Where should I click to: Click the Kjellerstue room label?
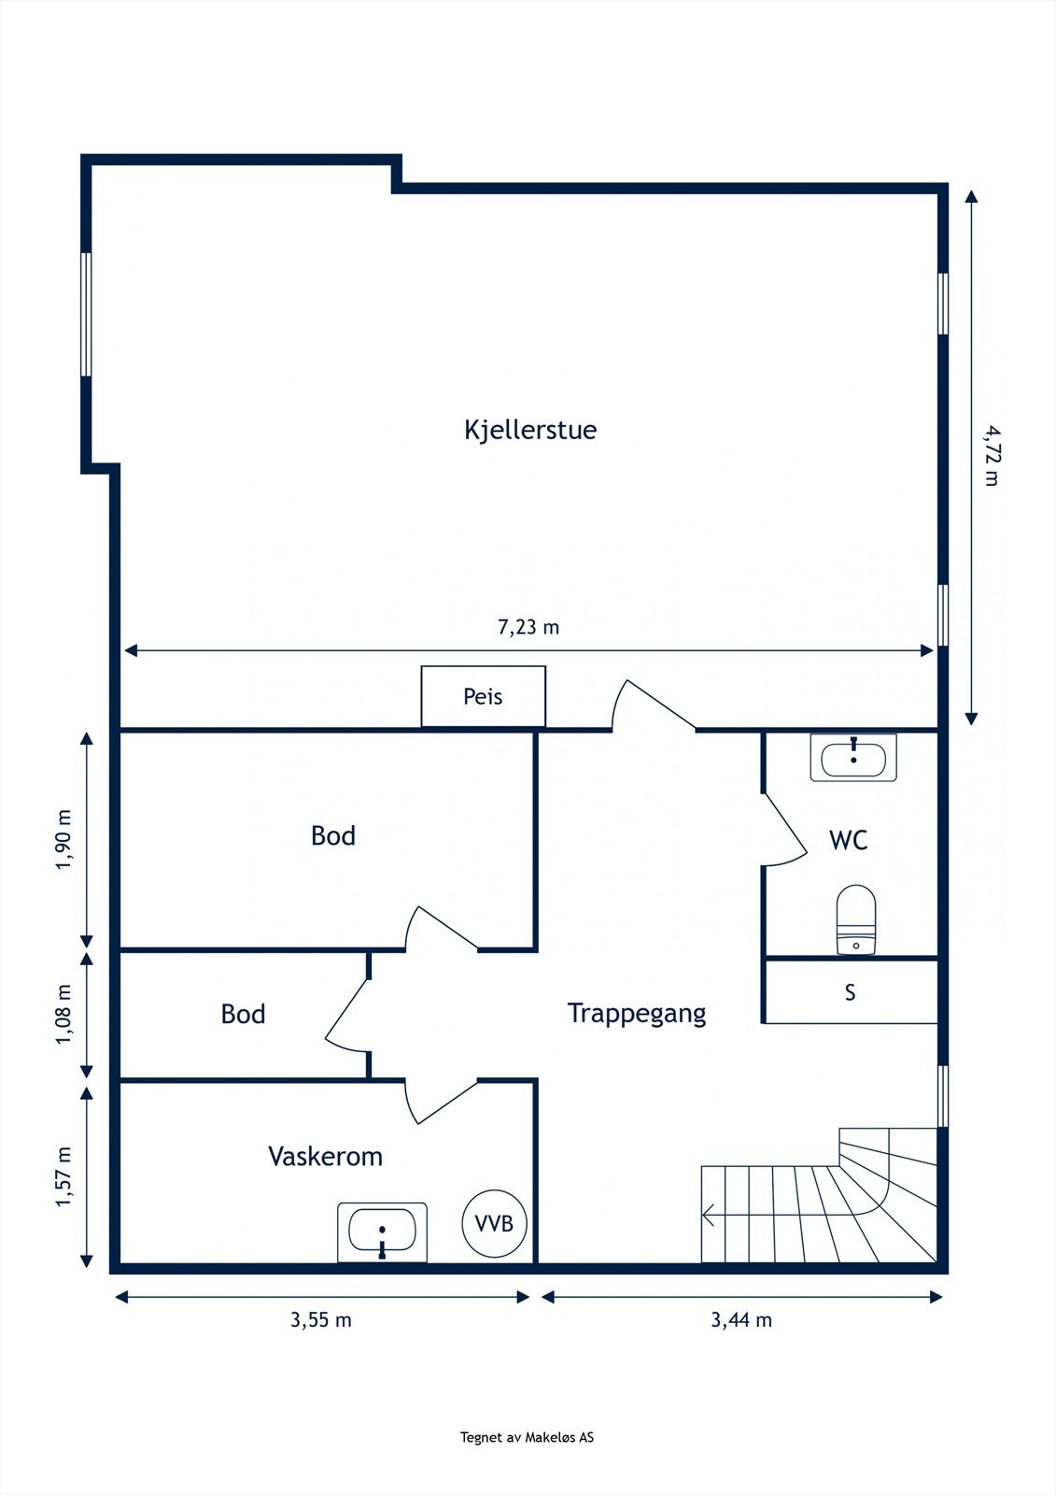tap(530, 430)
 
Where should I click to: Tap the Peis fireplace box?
tap(483, 696)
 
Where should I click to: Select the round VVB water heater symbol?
tap(494, 1223)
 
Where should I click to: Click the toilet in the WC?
tap(855, 919)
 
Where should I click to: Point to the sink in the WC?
tap(853, 758)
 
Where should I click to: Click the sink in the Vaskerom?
tap(382, 1232)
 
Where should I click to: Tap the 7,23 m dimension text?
tap(528, 627)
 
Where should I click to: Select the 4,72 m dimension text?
tap(991, 456)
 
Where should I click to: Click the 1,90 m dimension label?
tap(63, 838)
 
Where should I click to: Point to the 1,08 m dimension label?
tap(63, 1015)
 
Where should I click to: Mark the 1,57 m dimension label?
tap(63, 1176)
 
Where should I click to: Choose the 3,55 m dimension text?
tap(321, 1320)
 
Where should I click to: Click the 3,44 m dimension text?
tap(741, 1320)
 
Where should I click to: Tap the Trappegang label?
tap(637, 1014)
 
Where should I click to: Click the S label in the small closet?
tap(850, 992)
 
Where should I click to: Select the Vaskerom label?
tap(325, 1157)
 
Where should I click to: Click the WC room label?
tap(848, 841)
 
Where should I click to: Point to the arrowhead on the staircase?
tap(709, 1216)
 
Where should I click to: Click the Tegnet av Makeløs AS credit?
tap(527, 1438)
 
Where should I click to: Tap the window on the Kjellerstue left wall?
tap(86, 314)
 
